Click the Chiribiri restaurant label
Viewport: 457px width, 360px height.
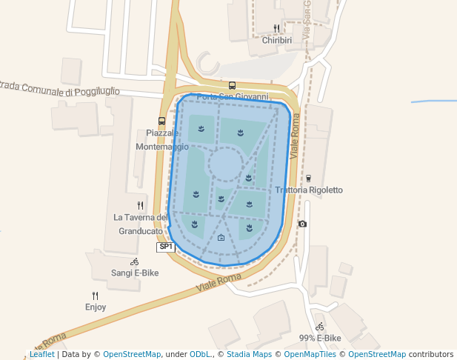tap(277, 40)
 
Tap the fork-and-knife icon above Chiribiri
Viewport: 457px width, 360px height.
tap(276, 28)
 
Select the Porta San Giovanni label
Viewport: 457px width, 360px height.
tap(232, 97)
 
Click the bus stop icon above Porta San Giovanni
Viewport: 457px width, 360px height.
tap(232, 85)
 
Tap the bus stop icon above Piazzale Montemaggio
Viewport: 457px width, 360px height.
tap(161, 121)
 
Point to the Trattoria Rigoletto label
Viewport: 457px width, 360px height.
tap(309, 190)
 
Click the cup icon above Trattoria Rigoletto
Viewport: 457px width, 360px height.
tap(308, 178)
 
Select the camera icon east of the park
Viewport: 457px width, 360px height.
tap(301, 224)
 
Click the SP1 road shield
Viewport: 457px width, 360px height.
tap(165, 247)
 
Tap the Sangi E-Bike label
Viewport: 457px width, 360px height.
tap(135, 273)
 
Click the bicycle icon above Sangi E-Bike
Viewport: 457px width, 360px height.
tap(134, 261)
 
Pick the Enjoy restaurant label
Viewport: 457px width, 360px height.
tap(96, 307)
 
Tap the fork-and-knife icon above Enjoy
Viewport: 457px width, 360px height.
tap(95, 296)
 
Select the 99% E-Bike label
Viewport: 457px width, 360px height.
tap(320, 338)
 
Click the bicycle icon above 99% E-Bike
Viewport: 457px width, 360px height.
tap(319, 326)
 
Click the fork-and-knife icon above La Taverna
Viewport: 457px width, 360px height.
tap(140, 205)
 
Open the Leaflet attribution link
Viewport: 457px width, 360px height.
tap(41, 354)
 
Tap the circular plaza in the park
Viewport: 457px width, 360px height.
tap(226, 164)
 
